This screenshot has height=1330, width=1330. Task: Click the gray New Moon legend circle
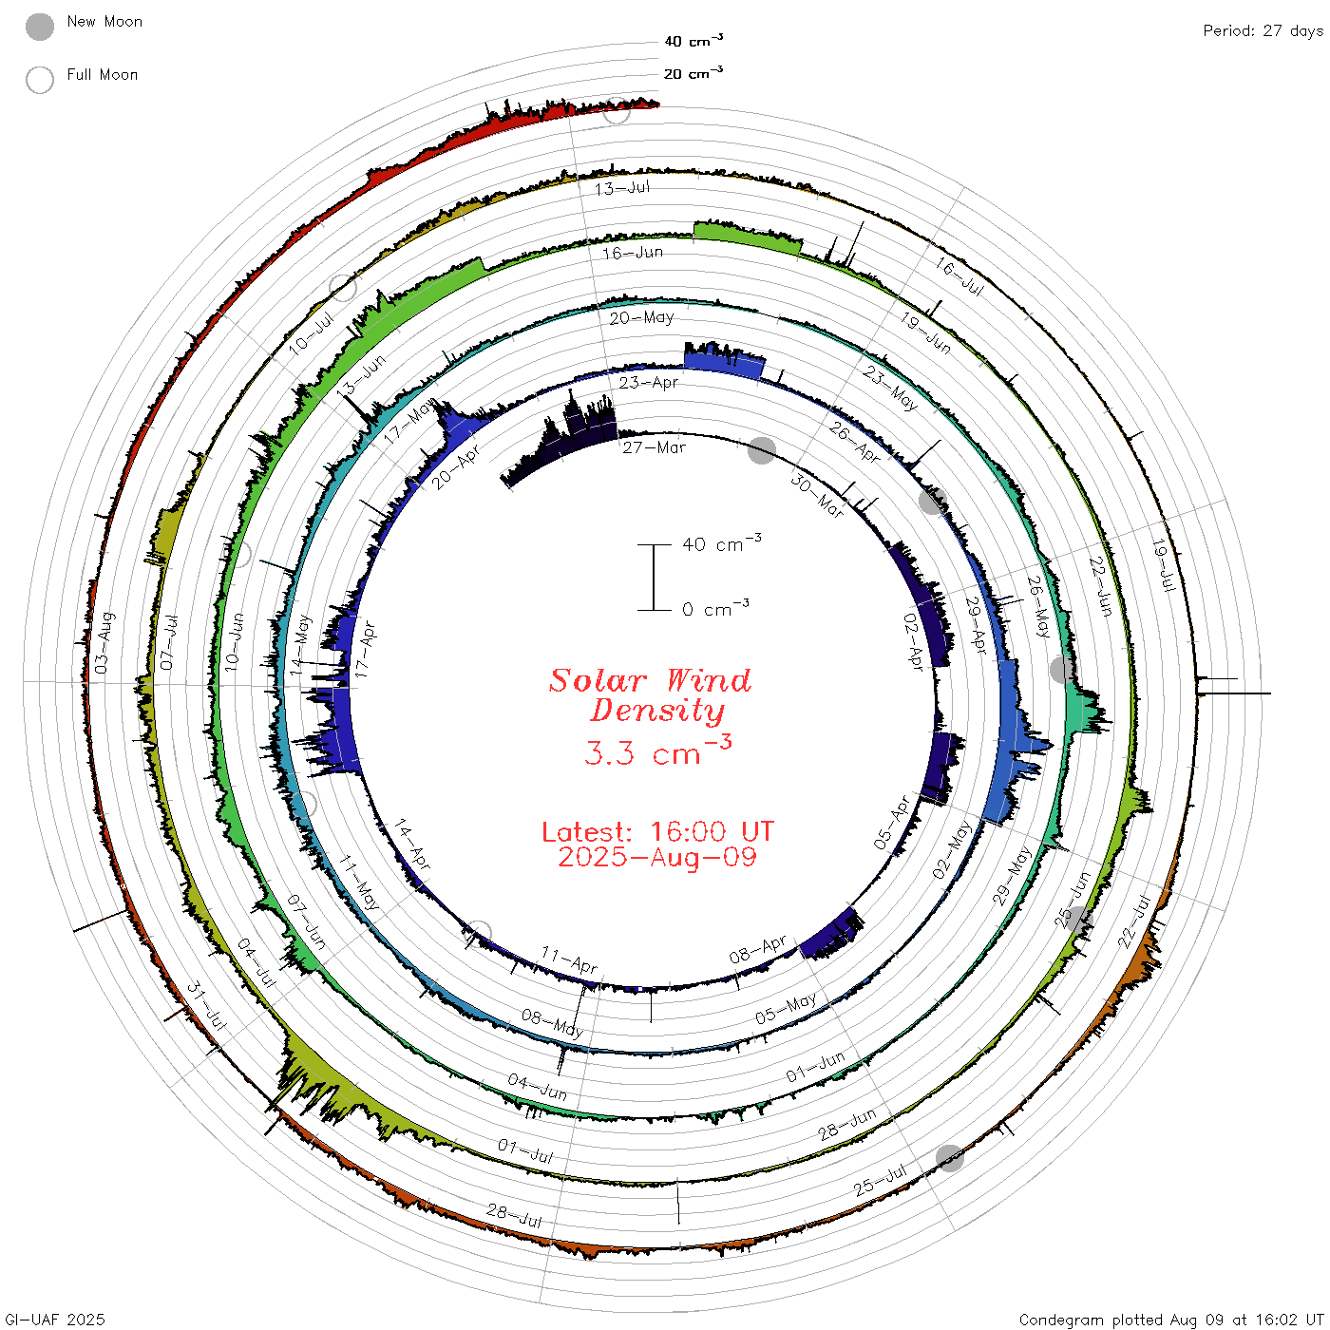(x=39, y=27)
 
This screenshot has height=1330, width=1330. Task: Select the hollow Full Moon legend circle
(x=39, y=80)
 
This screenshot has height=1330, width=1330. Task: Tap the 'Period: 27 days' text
(x=1263, y=31)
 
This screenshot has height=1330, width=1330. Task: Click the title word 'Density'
(x=657, y=711)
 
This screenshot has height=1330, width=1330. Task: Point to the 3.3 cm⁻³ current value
(x=657, y=750)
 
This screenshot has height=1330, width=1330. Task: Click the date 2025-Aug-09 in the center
(x=657, y=857)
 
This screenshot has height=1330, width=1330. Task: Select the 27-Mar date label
(x=654, y=447)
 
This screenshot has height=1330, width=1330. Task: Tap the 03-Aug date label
(x=103, y=642)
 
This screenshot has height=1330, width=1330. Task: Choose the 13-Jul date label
(x=622, y=188)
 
